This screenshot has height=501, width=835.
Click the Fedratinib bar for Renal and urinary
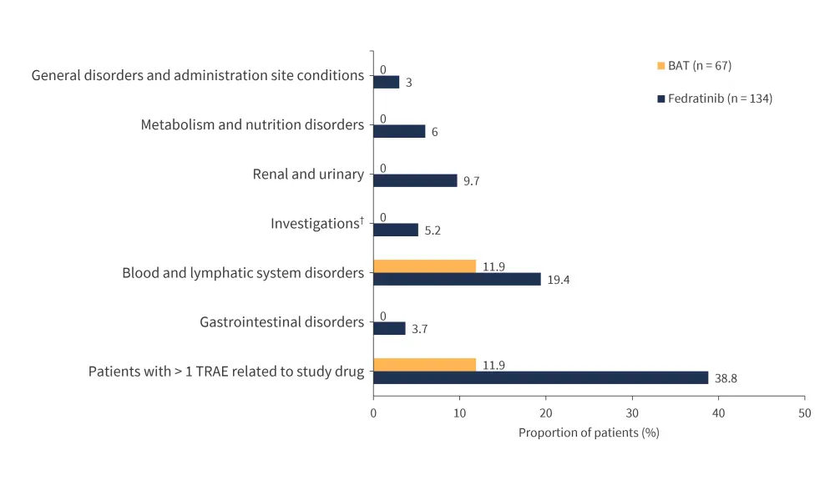click(x=415, y=180)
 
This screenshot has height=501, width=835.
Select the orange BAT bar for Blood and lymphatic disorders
click(x=424, y=266)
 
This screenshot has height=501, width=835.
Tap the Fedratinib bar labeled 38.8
click(x=540, y=377)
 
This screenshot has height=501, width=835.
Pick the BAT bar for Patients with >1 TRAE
click(x=424, y=365)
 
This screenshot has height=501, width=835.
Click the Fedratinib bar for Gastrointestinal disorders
click(x=389, y=328)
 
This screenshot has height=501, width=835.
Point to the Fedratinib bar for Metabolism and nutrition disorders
click(x=399, y=131)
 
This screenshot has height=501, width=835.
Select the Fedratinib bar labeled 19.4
click(x=457, y=279)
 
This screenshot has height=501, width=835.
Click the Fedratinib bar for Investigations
click(x=396, y=230)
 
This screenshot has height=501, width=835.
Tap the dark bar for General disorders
click(x=386, y=82)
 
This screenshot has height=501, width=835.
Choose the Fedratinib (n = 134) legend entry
click(x=714, y=99)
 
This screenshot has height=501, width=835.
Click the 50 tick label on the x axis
click(x=804, y=413)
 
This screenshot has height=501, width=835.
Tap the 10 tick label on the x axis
click(x=459, y=413)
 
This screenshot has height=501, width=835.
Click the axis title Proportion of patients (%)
click(x=589, y=433)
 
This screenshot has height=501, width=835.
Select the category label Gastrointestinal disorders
click(x=281, y=322)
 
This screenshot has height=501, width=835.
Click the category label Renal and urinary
click(x=308, y=175)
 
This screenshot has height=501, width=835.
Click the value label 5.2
click(x=433, y=230)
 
